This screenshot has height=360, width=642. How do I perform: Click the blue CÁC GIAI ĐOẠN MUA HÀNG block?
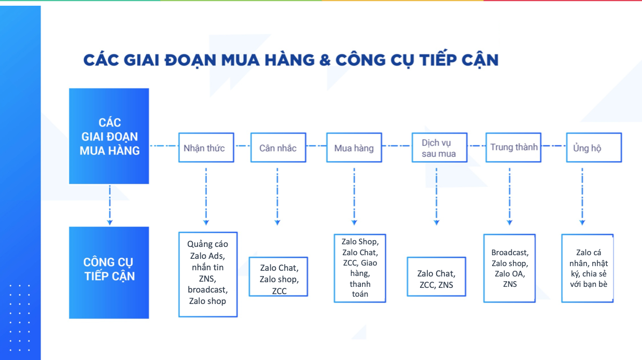(109, 136)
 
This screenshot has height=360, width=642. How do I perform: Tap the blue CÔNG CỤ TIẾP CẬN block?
(109, 272)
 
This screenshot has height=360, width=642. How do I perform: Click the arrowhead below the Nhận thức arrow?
(206, 223)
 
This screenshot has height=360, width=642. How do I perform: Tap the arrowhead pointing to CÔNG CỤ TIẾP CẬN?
(110, 223)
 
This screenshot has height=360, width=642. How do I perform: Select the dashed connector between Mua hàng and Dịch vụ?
(397, 146)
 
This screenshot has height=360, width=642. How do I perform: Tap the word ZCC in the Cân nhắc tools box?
(279, 291)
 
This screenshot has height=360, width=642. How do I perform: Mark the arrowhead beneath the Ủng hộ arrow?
(582, 223)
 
